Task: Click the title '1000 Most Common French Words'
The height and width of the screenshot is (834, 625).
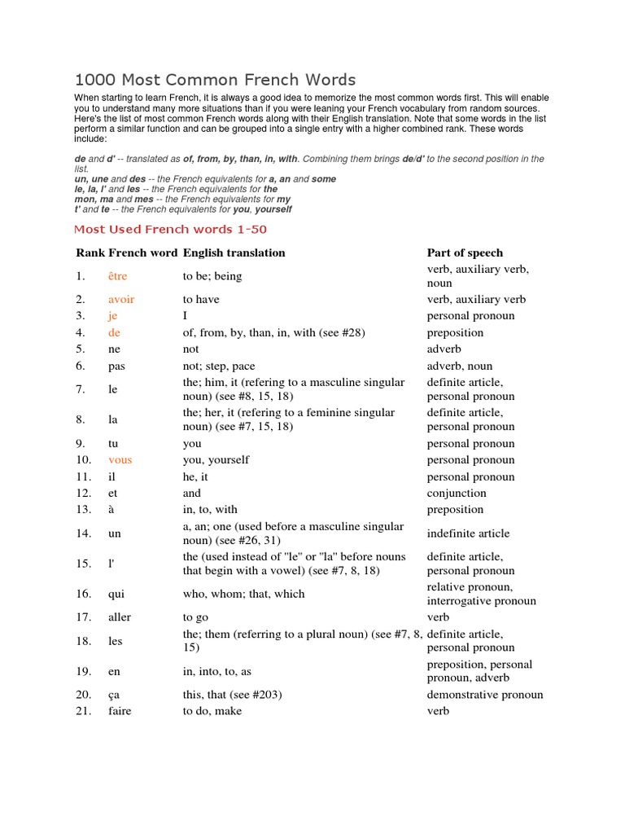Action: pos(215,80)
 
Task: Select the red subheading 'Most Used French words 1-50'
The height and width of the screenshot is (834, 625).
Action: pos(170,230)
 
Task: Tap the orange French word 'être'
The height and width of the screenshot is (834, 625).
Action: pos(117,276)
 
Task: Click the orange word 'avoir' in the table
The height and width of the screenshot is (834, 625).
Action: pos(121,300)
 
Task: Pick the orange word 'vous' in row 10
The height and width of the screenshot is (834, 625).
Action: pos(120,460)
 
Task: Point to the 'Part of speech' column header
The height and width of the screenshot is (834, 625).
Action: pos(465,252)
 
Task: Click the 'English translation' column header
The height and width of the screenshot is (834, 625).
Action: pos(234,252)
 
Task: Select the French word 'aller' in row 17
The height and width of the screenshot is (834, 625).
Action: pos(120,617)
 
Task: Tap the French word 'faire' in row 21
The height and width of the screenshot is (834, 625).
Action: pos(119,711)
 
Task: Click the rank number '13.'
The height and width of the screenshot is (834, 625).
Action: pos(83,510)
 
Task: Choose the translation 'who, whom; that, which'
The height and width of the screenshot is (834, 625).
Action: pos(243,594)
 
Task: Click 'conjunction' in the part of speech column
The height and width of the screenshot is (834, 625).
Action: pos(457,494)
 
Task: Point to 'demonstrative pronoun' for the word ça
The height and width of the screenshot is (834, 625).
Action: pos(485,695)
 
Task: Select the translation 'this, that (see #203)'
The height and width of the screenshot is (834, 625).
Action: pos(233,695)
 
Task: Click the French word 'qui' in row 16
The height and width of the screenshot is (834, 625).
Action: pos(116,594)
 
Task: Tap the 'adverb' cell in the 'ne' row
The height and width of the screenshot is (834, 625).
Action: pos(445,349)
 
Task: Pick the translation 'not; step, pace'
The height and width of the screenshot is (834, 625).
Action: pos(219,367)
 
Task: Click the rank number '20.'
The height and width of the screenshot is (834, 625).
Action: pos(83,695)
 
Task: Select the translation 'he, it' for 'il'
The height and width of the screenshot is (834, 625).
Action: pos(196,477)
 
